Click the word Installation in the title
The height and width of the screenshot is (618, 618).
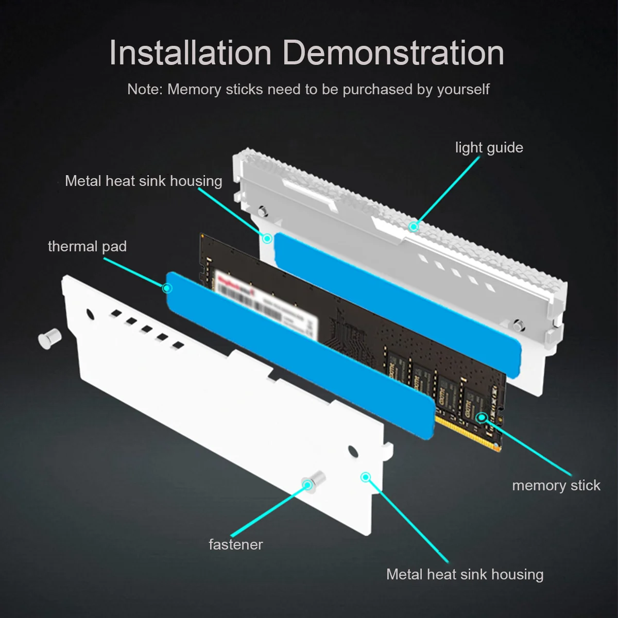pyautogui.click(x=190, y=53)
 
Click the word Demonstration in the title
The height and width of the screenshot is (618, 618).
pyautogui.click(x=393, y=53)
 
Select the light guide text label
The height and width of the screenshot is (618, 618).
pyautogui.click(x=489, y=148)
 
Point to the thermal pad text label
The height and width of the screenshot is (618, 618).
pyautogui.click(x=87, y=247)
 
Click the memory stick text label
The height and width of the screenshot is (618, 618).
pyautogui.click(x=556, y=486)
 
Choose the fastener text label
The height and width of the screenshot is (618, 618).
pyautogui.click(x=235, y=545)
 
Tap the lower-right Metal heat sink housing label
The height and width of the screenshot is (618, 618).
pyautogui.click(x=465, y=575)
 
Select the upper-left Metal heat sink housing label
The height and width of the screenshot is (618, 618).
pyautogui.click(x=143, y=181)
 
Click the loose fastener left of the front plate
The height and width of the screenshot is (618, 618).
pyautogui.click(x=50, y=338)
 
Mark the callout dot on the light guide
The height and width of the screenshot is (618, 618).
pyautogui.click(x=413, y=226)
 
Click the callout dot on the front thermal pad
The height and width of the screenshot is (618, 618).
pyautogui.click(x=167, y=288)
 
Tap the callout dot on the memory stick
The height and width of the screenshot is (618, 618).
pyautogui.click(x=482, y=417)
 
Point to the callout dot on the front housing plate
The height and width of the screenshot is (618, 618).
pyautogui.click(x=365, y=477)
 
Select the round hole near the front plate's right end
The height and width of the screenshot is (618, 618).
pyautogui.click(x=353, y=452)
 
